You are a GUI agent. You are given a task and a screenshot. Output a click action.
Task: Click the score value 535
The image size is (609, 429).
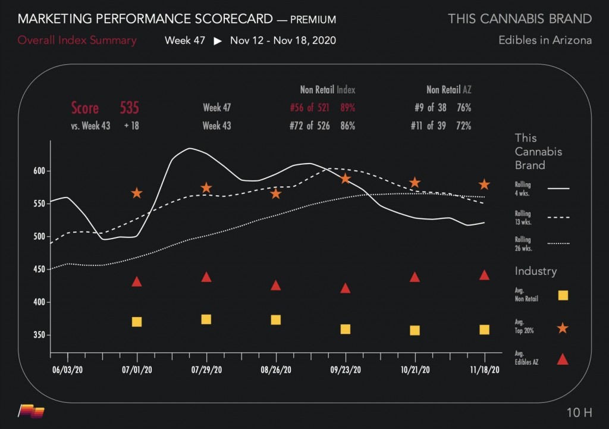(129, 108)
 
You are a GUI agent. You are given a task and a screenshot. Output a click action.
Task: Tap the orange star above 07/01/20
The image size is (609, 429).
(137, 193)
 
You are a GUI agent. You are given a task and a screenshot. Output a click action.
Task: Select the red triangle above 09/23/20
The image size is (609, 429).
(346, 288)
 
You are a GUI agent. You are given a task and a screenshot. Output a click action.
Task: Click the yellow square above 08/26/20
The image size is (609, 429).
(276, 320)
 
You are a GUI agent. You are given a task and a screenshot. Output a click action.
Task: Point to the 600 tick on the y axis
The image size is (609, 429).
(38, 171)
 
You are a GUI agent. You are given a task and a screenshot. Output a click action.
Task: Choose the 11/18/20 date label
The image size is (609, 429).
(485, 369)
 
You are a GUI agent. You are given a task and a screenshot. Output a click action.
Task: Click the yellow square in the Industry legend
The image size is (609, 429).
(563, 295)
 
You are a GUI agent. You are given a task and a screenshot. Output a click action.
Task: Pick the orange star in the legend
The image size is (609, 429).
(563, 328)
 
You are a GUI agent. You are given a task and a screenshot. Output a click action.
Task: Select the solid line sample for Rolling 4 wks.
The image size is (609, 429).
(558, 189)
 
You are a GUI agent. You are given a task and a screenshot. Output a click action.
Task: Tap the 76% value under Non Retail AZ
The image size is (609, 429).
(464, 108)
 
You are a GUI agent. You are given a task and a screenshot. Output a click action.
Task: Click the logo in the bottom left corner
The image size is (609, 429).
(32, 410)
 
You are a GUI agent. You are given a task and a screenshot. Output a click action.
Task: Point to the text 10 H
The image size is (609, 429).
(579, 412)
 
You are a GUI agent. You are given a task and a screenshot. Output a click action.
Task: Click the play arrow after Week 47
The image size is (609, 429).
(218, 41)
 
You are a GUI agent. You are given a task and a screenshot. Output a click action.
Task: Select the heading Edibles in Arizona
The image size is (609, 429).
(545, 40)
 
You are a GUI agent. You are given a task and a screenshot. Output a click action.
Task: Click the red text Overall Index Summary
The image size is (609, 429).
(77, 41)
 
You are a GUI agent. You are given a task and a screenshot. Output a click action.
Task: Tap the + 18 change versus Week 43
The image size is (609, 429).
(131, 126)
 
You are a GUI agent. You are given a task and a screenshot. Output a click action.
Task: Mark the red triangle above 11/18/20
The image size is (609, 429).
(485, 275)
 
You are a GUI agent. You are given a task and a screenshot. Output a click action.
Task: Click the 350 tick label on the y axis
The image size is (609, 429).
(38, 336)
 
